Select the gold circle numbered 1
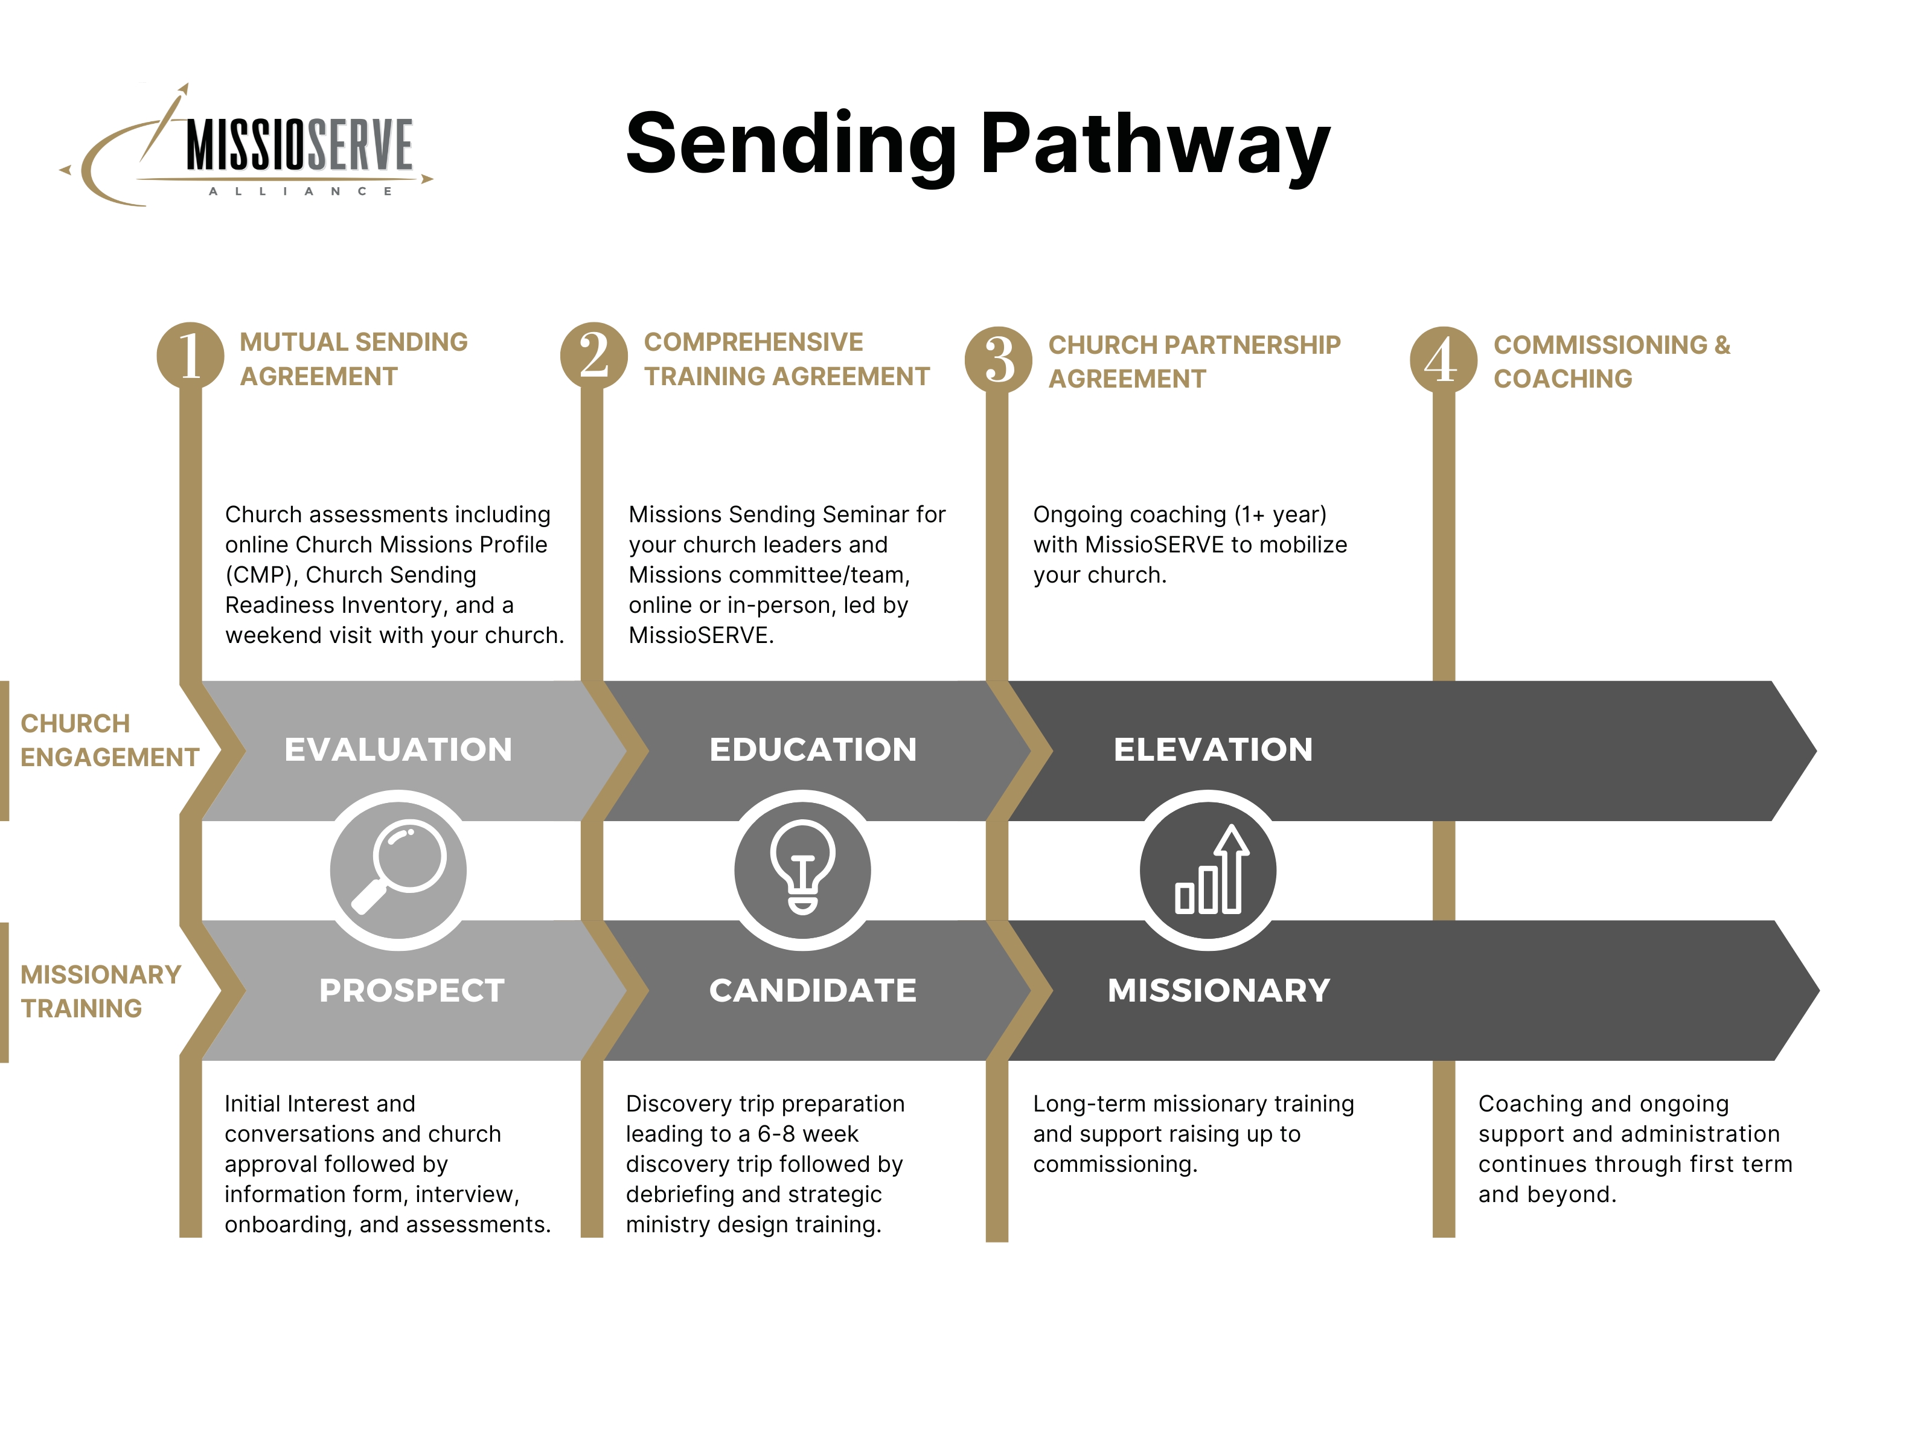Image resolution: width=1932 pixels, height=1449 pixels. click(190, 356)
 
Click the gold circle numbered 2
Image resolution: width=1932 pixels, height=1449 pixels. click(594, 356)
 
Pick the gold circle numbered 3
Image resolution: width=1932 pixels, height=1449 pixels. click(999, 359)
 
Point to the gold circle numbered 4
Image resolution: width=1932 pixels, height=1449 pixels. click(1444, 359)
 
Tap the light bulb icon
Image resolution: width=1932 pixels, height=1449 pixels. click(802, 868)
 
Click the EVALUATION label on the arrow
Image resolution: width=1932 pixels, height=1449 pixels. click(398, 749)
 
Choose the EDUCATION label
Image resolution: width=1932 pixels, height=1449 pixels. click(813, 749)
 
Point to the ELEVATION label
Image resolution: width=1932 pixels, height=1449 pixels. click(1213, 749)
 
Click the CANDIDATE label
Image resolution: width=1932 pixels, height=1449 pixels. click(813, 991)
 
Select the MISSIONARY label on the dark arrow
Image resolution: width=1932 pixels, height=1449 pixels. click(1220, 991)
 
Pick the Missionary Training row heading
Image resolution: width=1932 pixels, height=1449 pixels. click(100, 991)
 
